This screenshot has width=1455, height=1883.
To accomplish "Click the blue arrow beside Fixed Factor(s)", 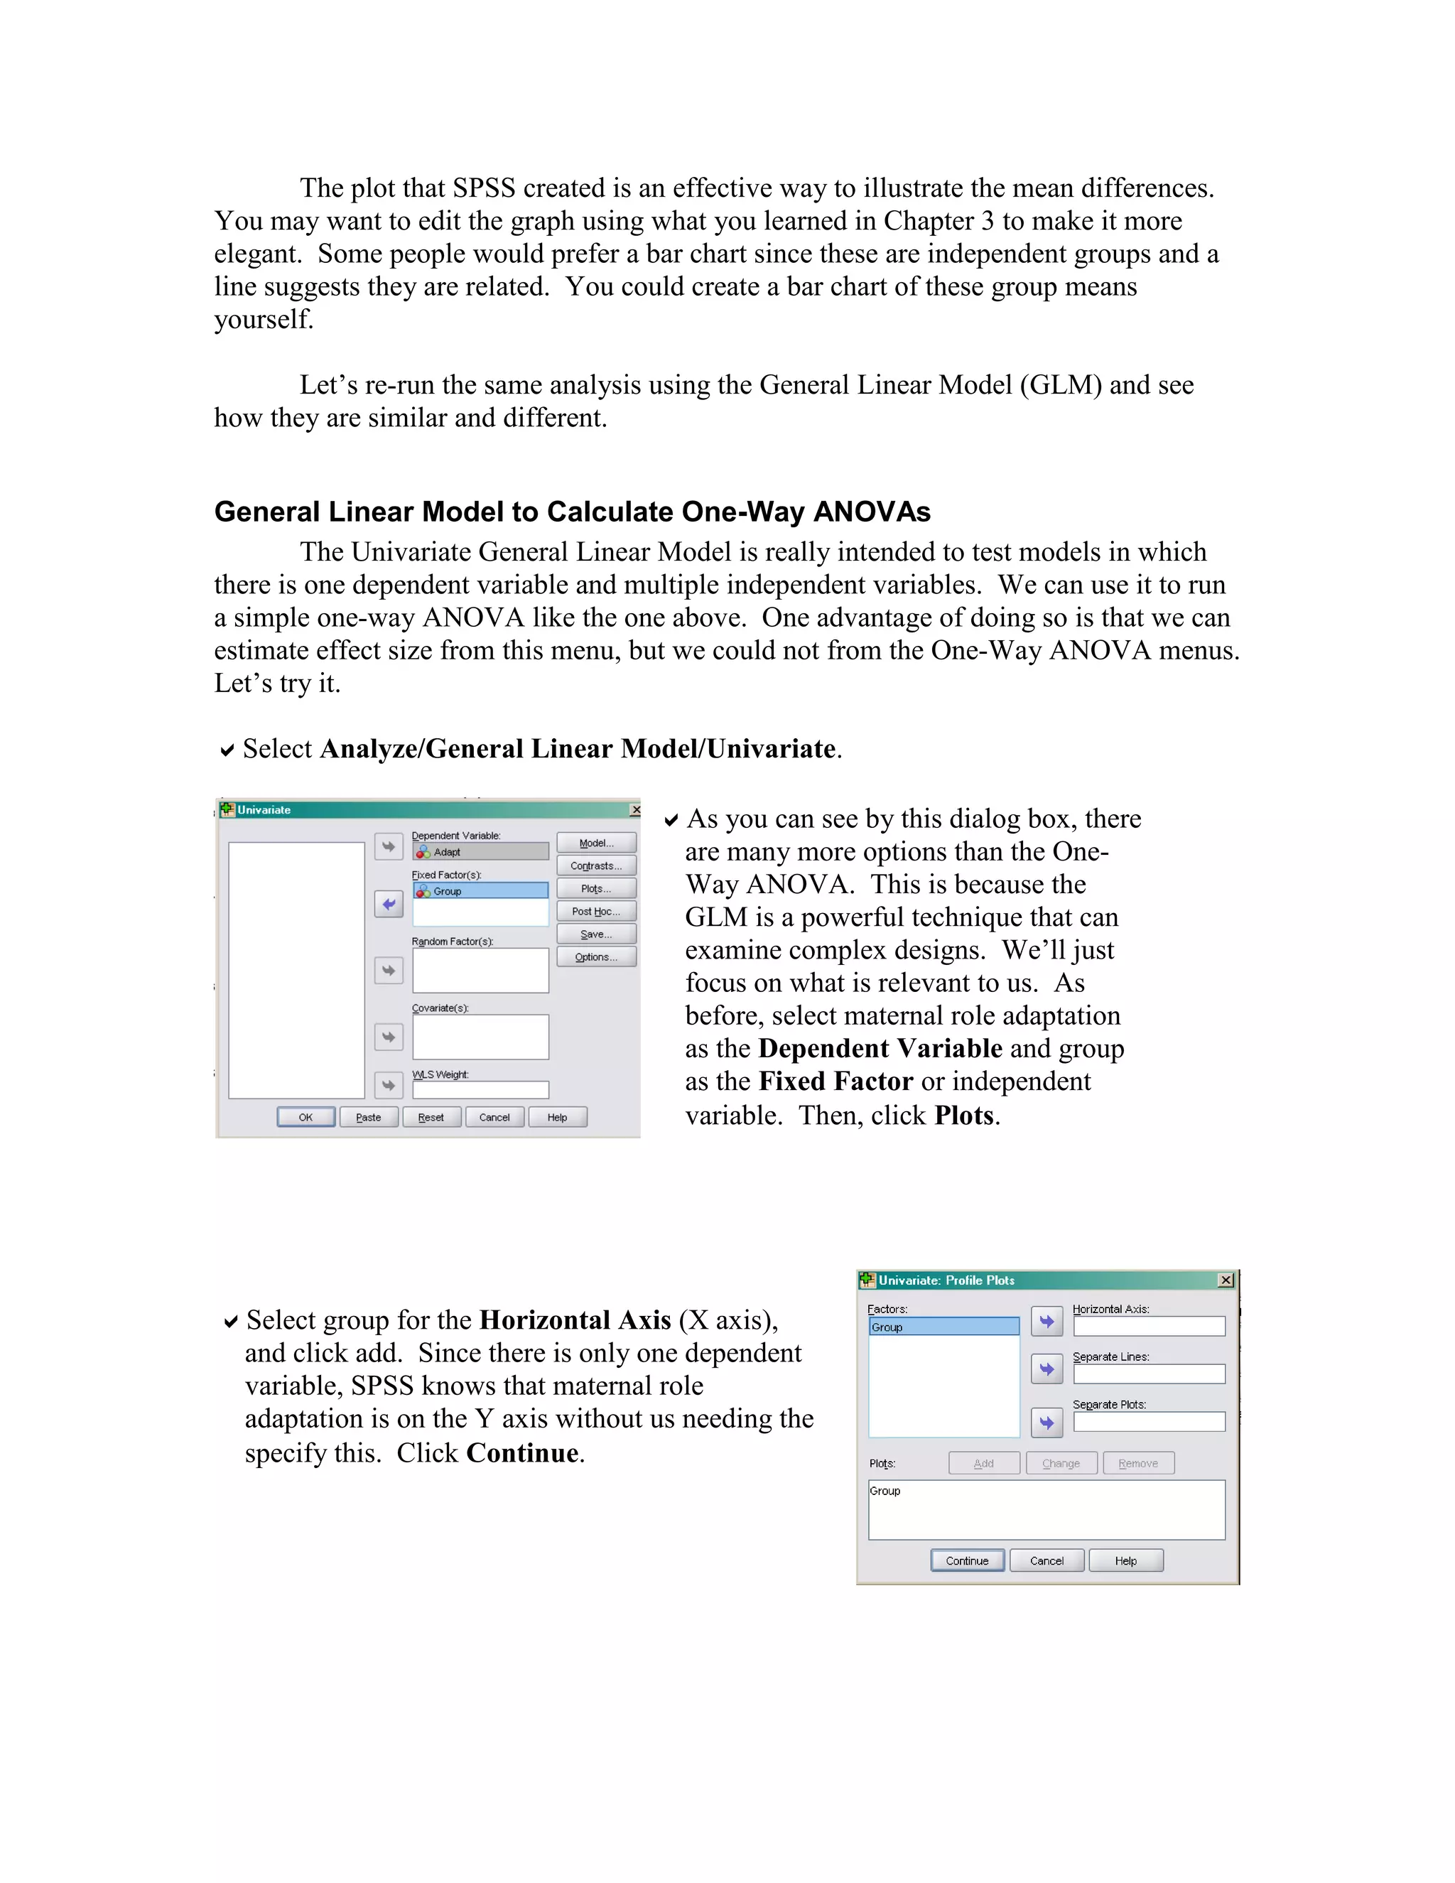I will (389, 905).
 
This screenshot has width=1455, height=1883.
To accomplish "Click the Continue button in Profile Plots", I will (966, 1560).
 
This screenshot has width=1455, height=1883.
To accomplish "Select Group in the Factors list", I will (943, 1327).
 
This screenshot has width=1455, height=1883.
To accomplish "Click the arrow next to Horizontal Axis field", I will (1046, 1322).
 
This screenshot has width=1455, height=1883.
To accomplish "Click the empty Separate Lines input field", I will (1148, 1374).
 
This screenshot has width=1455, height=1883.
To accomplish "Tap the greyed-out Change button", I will (1061, 1463).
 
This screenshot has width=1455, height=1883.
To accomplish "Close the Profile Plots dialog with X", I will (1226, 1280).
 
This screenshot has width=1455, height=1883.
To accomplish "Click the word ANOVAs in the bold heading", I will (872, 512).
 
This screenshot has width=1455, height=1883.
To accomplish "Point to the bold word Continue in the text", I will (522, 1453).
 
